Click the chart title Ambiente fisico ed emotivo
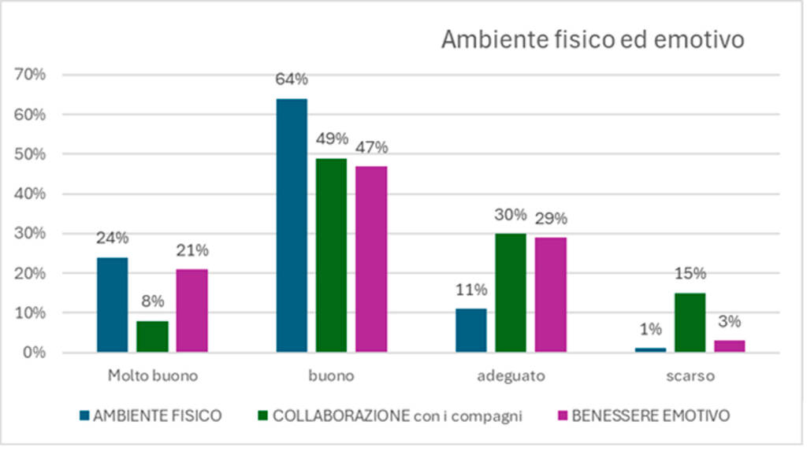(592, 40)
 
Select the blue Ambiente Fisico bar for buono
(292, 225)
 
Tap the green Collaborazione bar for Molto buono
(152, 336)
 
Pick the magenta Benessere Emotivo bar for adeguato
(551, 294)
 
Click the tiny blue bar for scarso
(650, 349)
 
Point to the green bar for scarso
(690, 322)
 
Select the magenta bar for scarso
(729, 346)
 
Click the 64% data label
(292, 79)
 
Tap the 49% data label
(332, 139)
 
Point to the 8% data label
(153, 302)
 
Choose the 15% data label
(690, 274)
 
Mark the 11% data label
(471, 290)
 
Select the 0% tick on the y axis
(35, 353)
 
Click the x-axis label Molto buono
(152, 376)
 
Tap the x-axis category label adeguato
(511, 376)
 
